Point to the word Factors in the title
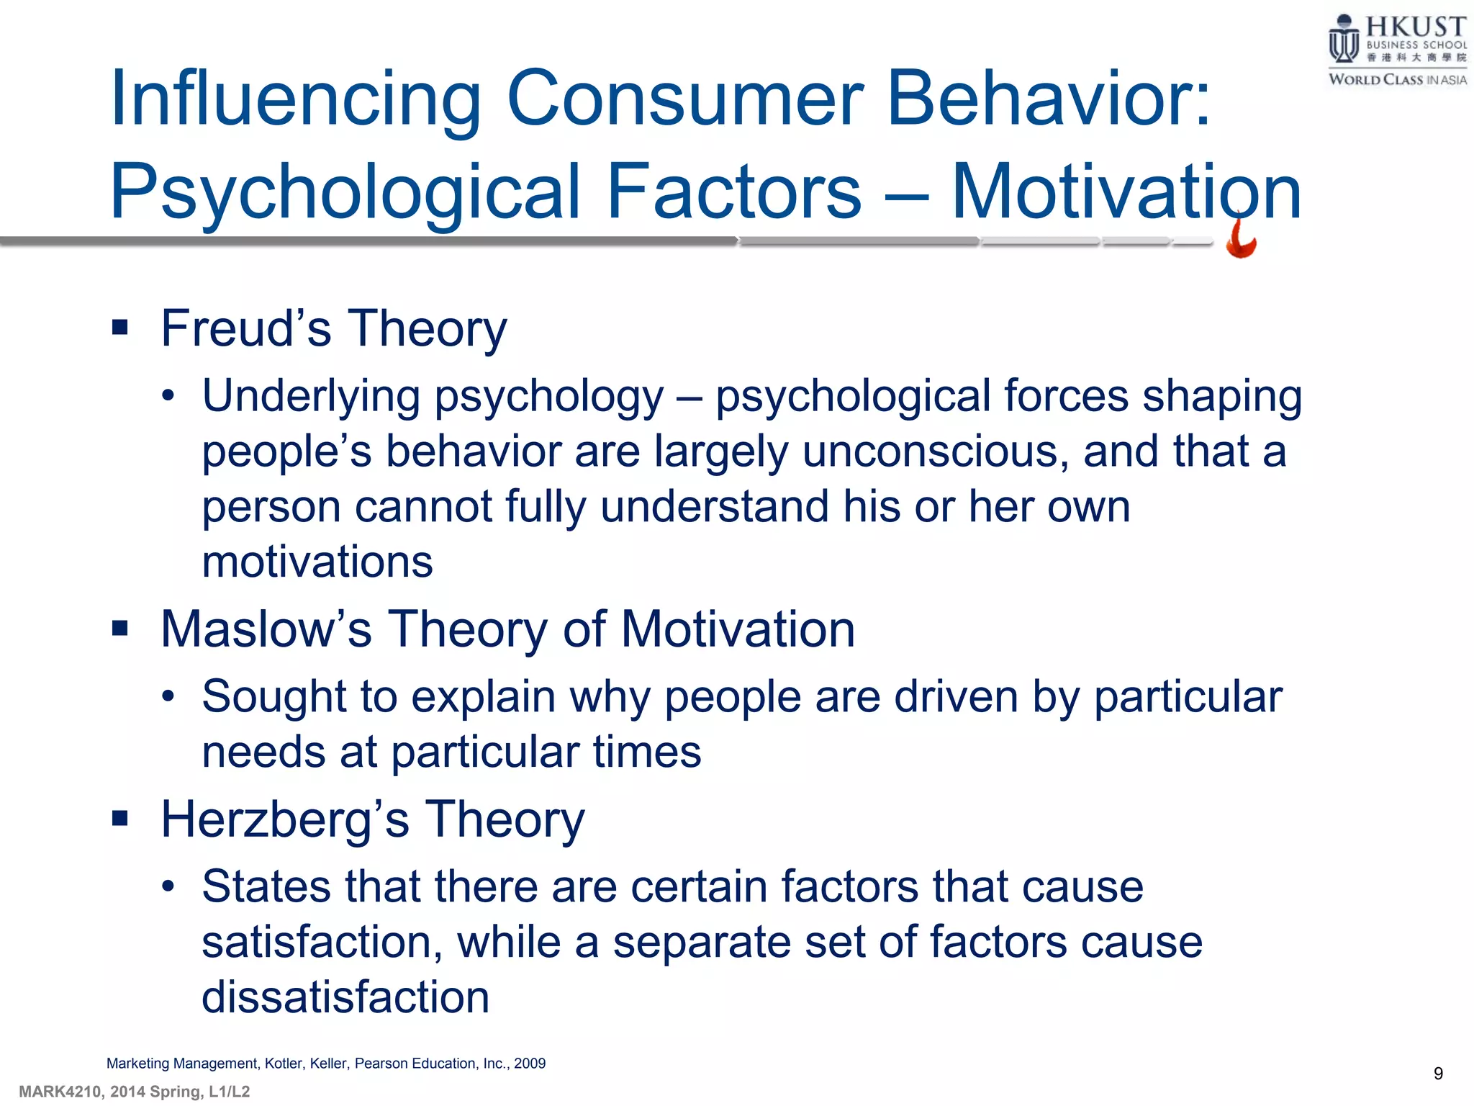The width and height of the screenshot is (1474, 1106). pos(734,192)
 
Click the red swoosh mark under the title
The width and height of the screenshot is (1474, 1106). pos(1241,240)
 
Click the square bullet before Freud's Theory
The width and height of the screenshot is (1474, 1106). pos(119,329)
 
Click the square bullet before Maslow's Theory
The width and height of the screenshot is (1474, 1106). pos(119,629)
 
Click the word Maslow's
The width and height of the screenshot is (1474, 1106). pos(266,629)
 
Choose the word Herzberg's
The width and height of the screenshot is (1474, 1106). pos(285,820)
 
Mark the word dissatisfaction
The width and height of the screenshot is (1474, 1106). pos(345,998)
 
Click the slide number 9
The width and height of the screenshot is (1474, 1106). pos(1438,1074)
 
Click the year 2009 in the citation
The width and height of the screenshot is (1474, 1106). pos(530,1064)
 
